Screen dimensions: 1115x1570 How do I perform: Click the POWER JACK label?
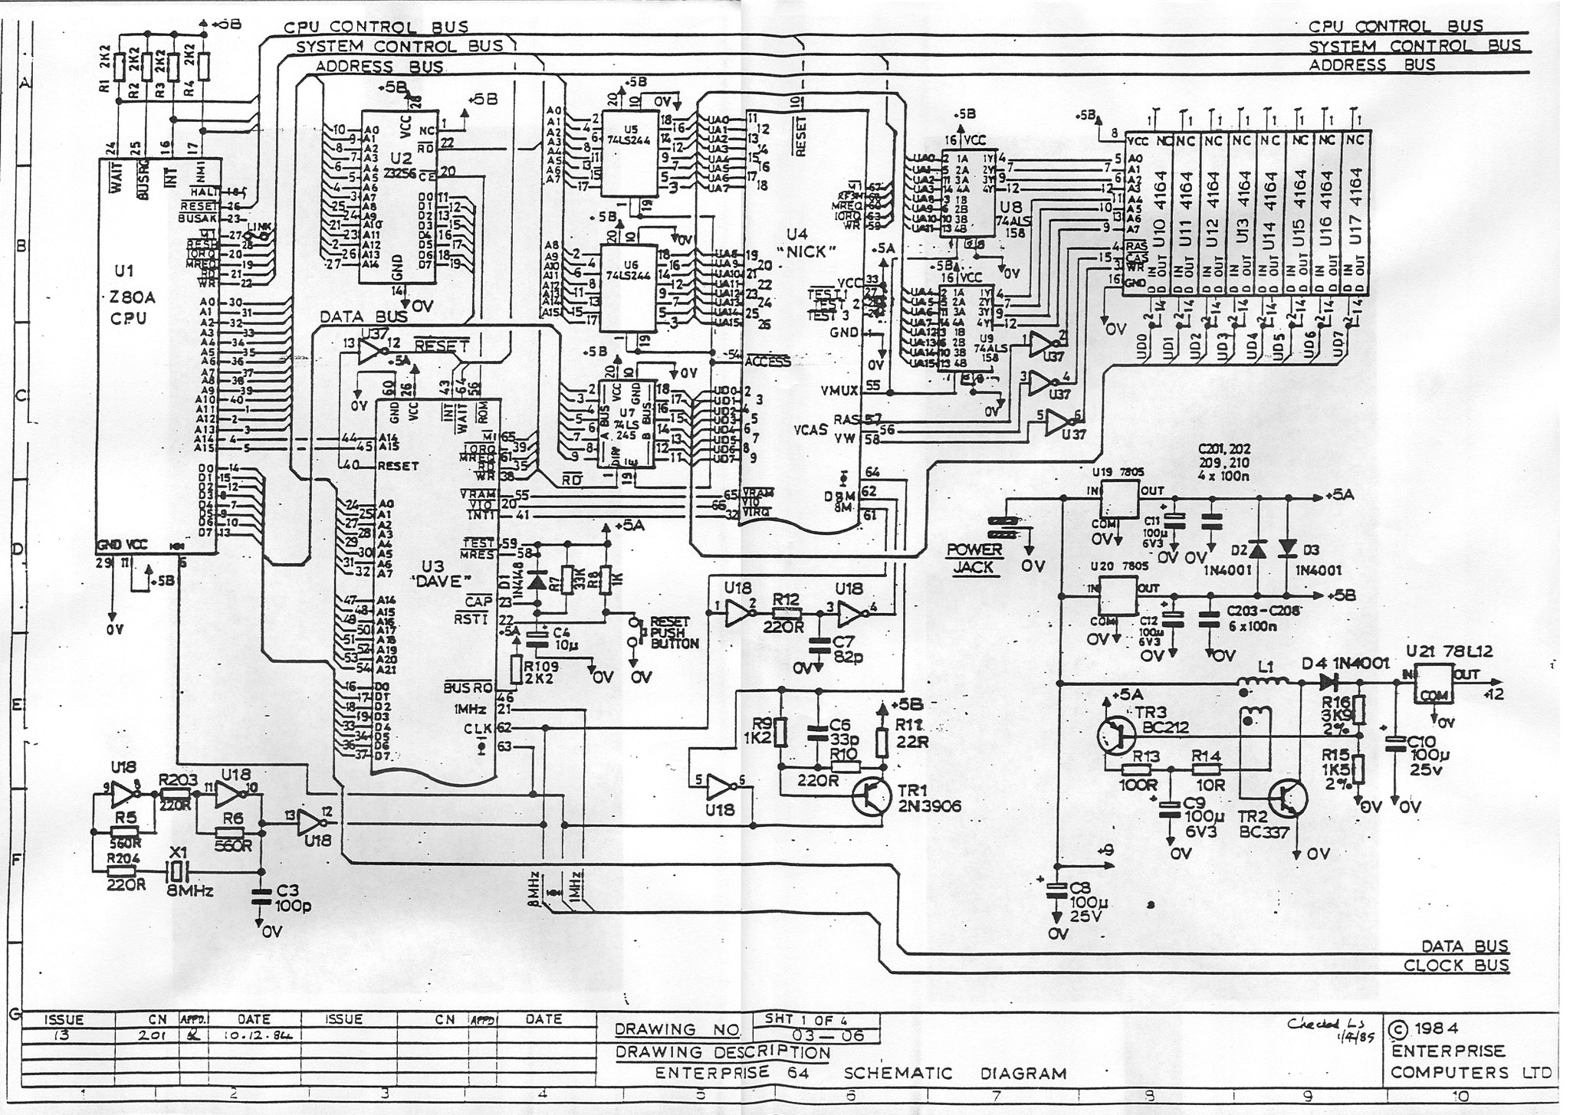point(974,558)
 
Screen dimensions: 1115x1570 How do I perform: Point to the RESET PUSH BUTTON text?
point(669,632)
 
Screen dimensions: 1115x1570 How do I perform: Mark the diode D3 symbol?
point(1287,548)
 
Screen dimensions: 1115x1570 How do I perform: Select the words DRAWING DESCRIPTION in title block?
point(723,1052)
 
